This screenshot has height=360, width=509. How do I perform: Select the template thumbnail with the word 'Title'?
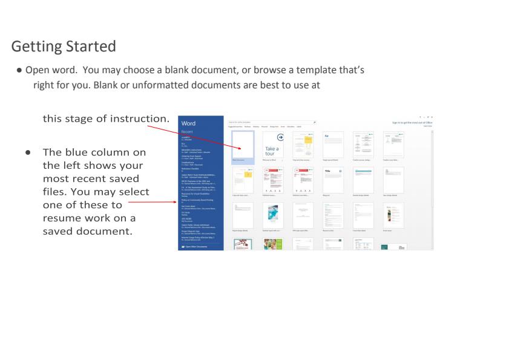pos(332,179)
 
